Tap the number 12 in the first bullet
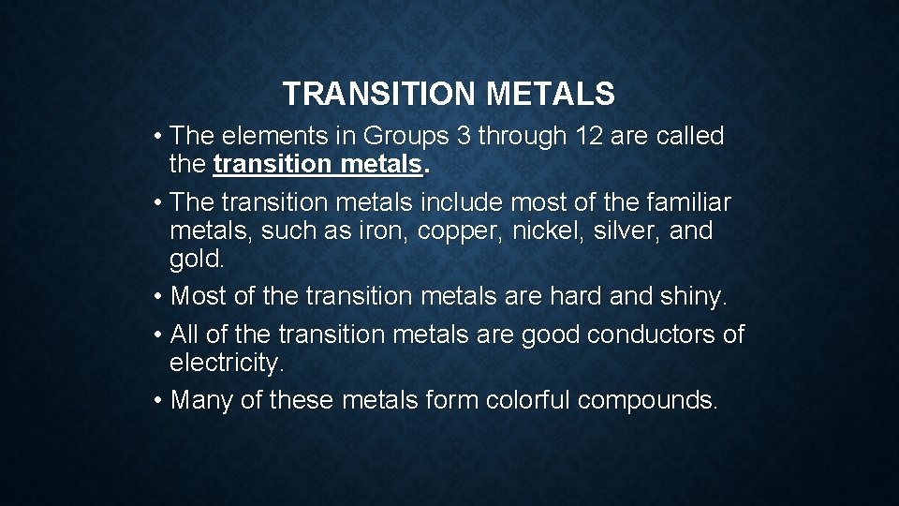click(x=587, y=136)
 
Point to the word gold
click(x=195, y=258)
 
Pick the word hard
click(x=572, y=296)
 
